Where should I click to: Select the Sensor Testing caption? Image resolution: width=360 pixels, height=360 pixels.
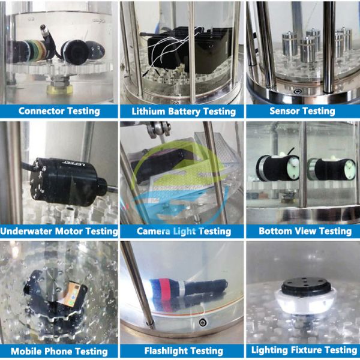point(302,111)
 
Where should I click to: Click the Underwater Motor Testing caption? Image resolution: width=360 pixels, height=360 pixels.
point(59,231)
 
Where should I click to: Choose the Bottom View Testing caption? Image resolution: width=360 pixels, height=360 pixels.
point(305,231)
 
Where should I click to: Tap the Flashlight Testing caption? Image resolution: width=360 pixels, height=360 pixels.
point(184,351)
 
